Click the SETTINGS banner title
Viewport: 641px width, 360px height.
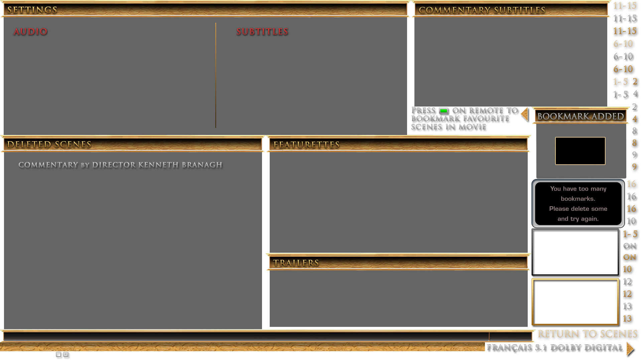(32, 10)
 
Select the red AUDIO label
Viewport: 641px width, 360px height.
(30, 31)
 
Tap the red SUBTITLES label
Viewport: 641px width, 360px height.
(262, 31)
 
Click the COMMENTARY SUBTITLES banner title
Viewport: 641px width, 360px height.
(482, 10)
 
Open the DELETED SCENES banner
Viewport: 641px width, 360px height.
(49, 144)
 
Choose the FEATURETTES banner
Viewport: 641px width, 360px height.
(306, 145)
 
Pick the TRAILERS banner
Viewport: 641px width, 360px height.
(296, 263)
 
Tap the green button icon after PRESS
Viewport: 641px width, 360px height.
(443, 111)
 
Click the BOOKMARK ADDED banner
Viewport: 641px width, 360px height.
(581, 116)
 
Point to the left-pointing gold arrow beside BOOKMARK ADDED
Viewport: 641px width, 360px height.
(525, 114)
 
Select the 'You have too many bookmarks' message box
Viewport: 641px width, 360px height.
(578, 203)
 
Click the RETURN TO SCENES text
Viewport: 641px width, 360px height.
(587, 334)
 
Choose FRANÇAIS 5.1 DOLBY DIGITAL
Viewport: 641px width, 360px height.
(554, 347)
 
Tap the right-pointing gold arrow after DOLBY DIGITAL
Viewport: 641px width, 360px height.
(630, 348)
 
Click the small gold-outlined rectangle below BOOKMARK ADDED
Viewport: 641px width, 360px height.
(580, 151)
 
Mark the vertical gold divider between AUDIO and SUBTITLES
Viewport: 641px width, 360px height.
(216, 75)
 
